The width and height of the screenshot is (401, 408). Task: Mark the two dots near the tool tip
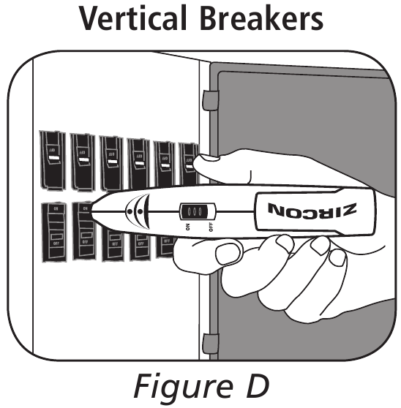[133, 213]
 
